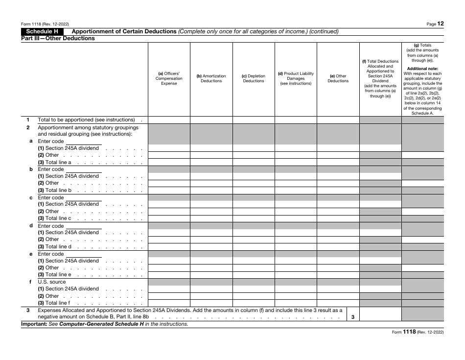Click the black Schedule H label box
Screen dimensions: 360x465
(x=42, y=31)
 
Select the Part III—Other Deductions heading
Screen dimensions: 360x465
(x=58, y=38)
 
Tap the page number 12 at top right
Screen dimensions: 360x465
(x=441, y=23)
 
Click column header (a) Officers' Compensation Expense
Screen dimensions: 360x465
(x=169, y=78)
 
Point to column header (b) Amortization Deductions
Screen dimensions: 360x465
(x=211, y=78)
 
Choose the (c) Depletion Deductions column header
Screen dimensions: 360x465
(x=254, y=78)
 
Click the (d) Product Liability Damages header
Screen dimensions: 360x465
(x=296, y=78)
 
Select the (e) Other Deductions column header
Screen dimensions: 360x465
(x=338, y=78)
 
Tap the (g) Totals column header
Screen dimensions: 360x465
(x=422, y=45)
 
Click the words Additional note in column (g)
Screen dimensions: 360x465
(x=422, y=69)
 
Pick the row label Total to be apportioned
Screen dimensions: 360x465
(x=86, y=120)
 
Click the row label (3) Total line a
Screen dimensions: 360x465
(x=55, y=162)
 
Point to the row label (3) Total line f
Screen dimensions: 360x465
(x=54, y=303)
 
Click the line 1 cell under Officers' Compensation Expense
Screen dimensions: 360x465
(x=169, y=120)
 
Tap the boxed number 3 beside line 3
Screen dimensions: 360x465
(x=353, y=317)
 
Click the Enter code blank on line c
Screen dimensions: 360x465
(x=83, y=197)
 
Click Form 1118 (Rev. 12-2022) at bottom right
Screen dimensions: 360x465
(x=418, y=332)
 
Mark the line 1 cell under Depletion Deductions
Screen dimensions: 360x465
(x=254, y=120)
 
